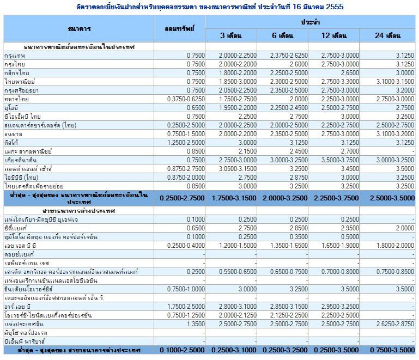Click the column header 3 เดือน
point(231,35)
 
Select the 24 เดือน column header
point(387,35)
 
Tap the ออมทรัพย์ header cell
point(179,29)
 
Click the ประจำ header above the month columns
point(310,22)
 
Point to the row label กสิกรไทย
point(17,73)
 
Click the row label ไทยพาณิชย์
point(20,82)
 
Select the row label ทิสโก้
point(11,143)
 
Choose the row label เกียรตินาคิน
point(21,160)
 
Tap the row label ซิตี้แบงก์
point(15,228)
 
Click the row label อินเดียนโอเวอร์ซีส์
point(28,289)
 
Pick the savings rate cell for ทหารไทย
point(186,99)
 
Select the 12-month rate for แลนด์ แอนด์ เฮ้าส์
point(350,169)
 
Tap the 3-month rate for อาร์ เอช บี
point(238,307)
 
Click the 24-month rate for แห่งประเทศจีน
point(395,324)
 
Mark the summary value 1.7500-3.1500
point(234,198)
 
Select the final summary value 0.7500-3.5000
point(392,350)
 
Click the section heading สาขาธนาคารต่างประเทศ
point(79,211)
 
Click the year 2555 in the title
point(335,7)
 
